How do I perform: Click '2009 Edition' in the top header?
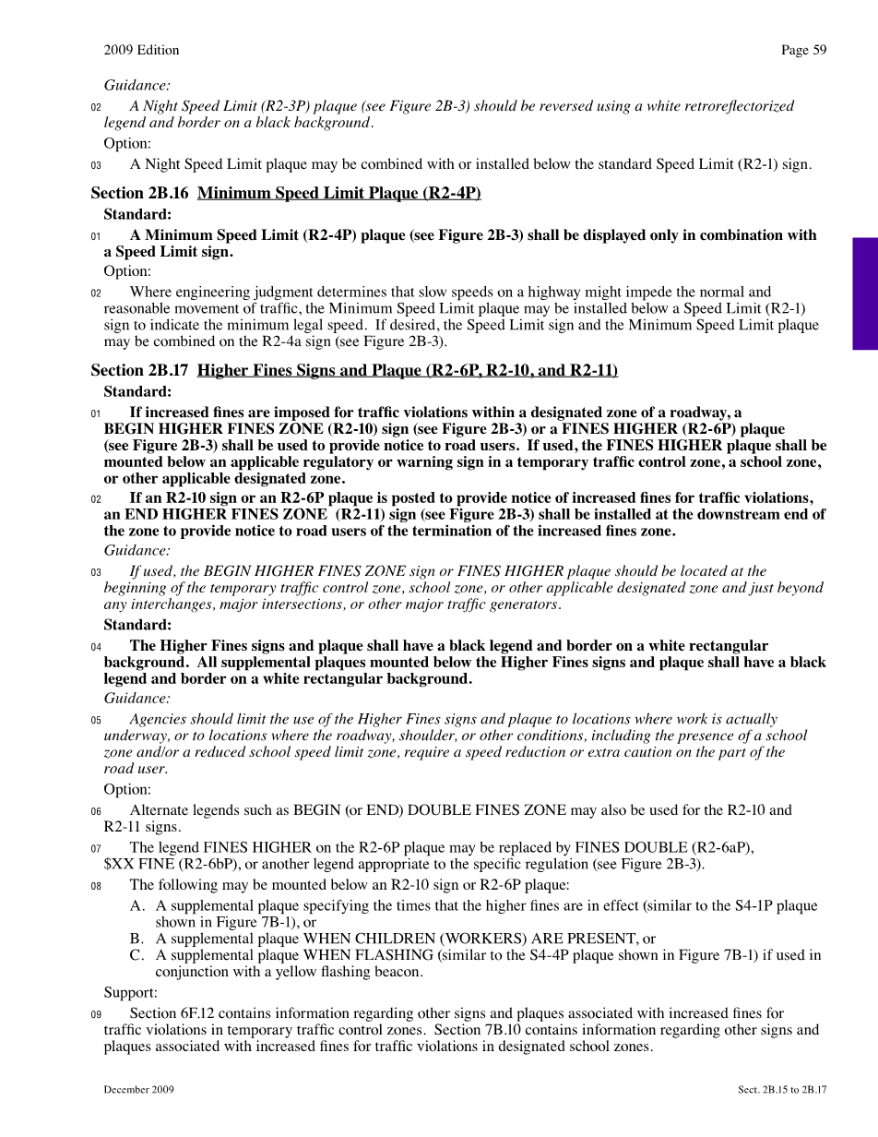coord(141,50)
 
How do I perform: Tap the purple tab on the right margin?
coord(864,293)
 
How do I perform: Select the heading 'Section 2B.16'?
coord(139,193)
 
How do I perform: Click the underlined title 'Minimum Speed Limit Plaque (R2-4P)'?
coord(339,193)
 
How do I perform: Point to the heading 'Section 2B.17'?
coord(139,370)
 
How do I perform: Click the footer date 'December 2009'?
coord(138,1090)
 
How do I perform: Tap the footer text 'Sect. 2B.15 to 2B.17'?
coord(782,1090)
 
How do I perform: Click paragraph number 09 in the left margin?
coord(96,1014)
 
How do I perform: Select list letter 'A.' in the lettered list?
coord(137,905)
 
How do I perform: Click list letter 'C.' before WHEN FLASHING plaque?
coord(137,955)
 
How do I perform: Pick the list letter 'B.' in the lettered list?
coord(137,939)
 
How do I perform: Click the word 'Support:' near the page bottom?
coord(130,992)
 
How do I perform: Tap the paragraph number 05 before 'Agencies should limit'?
coord(96,720)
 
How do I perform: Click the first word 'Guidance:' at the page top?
coord(136,85)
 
